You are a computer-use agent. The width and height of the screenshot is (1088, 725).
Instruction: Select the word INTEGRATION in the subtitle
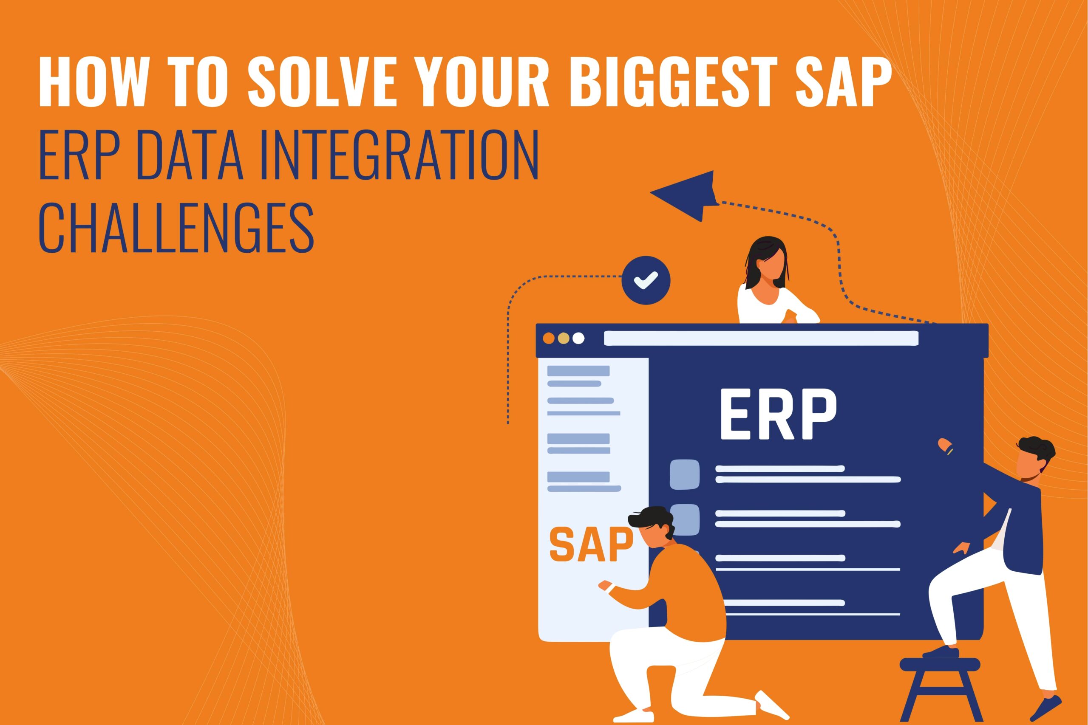[399, 156]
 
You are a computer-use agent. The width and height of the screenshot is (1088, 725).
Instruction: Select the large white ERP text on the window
[778, 414]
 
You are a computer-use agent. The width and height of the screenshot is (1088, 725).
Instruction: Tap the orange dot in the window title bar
[549, 338]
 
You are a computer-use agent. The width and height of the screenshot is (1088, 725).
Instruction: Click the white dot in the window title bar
[578, 338]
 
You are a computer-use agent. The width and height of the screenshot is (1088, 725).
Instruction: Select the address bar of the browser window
[761, 338]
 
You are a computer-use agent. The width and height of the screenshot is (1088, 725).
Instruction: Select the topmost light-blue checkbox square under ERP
[685, 474]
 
